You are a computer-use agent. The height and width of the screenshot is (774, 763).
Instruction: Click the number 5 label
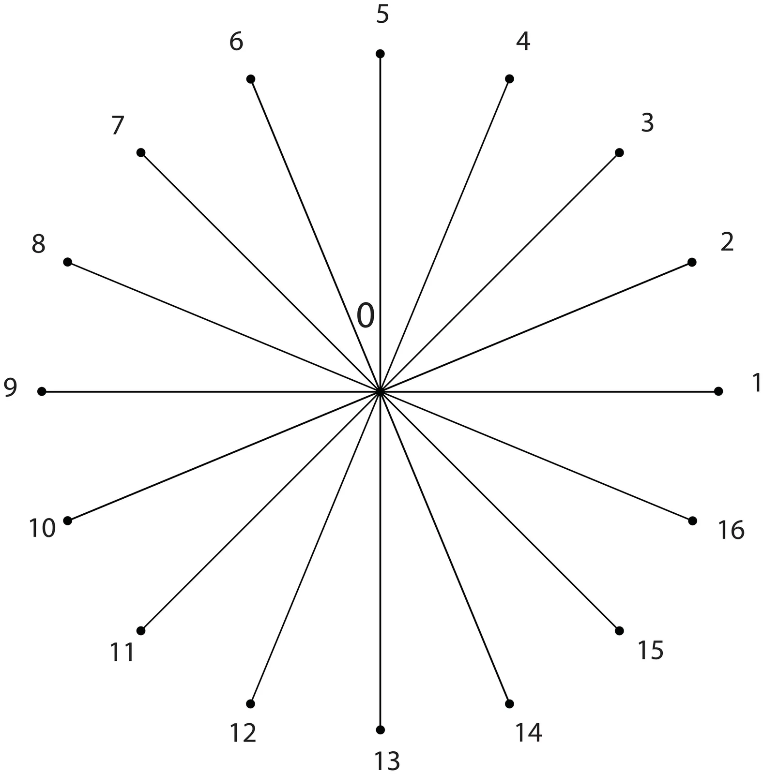[x=382, y=15]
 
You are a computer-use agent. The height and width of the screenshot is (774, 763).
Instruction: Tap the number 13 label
[x=387, y=761]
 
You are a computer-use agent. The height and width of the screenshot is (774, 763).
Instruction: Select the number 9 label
[x=11, y=388]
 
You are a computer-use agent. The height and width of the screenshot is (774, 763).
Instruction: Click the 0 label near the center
[x=366, y=316]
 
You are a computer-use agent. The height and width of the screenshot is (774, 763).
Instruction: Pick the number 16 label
[x=731, y=530]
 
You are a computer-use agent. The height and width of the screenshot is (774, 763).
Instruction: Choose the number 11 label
[x=122, y=653]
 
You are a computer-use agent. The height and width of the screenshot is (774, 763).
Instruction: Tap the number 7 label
[x=118, y=126]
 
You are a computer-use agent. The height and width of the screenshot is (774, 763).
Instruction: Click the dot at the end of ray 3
[x=619, y=153]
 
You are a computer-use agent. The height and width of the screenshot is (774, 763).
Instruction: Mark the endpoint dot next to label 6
[x=251, y=79]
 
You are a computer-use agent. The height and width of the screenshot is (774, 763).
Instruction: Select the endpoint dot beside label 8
[x=68, y=262]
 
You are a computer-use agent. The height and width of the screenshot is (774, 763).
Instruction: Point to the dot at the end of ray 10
[x=68, y=521]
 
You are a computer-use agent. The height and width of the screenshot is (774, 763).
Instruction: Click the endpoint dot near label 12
[x=251, y=703]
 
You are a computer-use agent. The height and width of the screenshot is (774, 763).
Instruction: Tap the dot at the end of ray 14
[x=509, y=703]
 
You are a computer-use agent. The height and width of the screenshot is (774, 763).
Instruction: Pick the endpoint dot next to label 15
[x=619, y=630]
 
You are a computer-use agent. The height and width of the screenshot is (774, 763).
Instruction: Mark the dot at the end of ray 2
[x=692, y=262]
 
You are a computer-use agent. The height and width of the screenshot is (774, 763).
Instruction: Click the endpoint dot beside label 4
[x=509, y=79]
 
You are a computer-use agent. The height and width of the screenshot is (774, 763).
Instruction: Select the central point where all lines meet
[x=380, y=391]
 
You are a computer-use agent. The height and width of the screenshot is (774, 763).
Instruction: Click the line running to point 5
[x=380, y=223]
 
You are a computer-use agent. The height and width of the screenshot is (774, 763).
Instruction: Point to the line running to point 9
[x=211, y=391]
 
